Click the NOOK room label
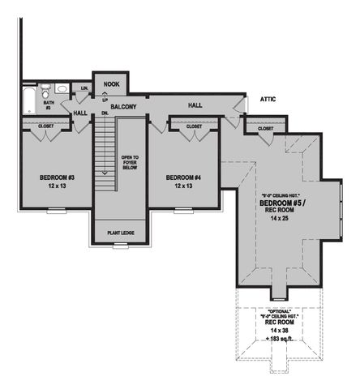pyautogui.click(x=110, y=83)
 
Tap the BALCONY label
pyautogui.click(x=123, y=106)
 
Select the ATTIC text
pyautogui.click(x=268, y=99)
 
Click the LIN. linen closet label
pyautogui.click(x=84, y=88)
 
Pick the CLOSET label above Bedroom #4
pyautogui.click(x=195, y=126)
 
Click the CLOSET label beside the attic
pyautogui.click(x=265, y=129)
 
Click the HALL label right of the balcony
pyautogui.click(x=195, y=105)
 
